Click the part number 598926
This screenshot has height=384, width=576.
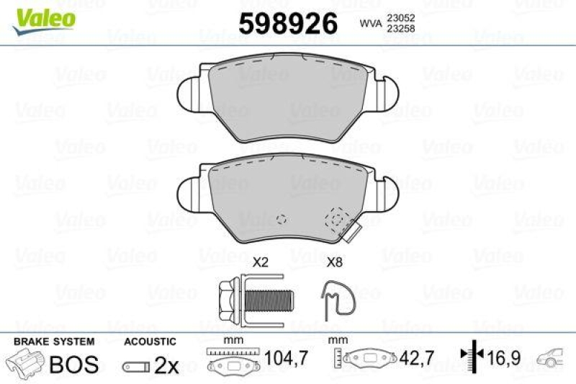click(288, 24)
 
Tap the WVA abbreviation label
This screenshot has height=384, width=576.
click(372, 24)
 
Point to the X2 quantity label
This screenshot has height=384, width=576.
click(260, 264)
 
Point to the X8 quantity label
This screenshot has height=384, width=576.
click(334, 264)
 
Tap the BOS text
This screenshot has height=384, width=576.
click(73, 365)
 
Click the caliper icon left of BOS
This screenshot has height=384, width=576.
click(25, 364)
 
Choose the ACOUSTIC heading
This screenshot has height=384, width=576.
click(150, 342)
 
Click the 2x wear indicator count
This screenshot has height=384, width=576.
click(166, 365)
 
